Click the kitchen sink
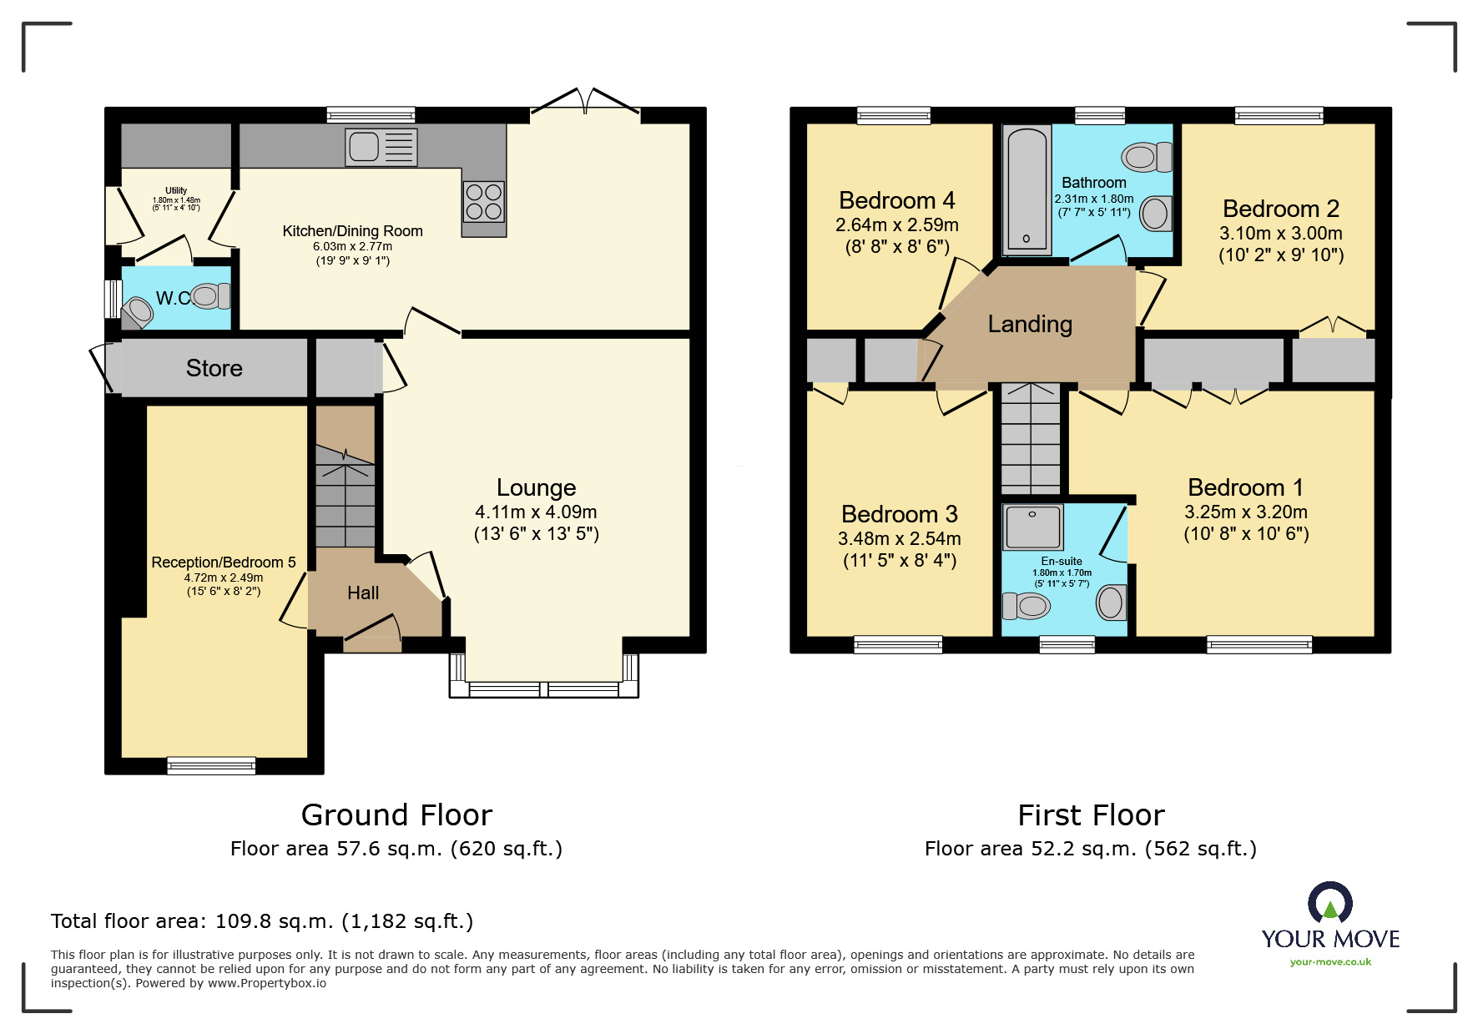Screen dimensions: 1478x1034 pyautogui.click(x=381, y=147)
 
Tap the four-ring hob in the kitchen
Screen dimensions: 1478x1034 pyautogui.click(x=484, y=201)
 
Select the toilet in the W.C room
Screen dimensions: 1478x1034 pyautogui.click(x=210, y=296)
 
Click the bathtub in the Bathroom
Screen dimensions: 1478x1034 pyautogui.click(x=1027, y=189)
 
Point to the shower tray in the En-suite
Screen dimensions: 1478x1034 pyautogui.click(x=1032, y=527)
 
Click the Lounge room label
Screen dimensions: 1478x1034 pyautogui.click(x=537, y=487)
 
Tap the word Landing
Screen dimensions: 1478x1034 pyautogui.click(x=1030, y=324)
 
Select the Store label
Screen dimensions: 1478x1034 pyautogui.click(x=214, y=368)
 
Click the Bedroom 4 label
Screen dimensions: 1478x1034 pyautogui.click(x=897, y=201)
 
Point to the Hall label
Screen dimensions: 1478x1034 pyautogui.click(x=363, y=593)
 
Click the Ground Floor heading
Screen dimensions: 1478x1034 pyautogui.click(x=396, y=815)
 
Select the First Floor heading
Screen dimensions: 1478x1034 pyautogui.click(x=1091, y=815)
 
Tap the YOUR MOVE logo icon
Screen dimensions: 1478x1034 pyautogui.click(x=1330, y=903)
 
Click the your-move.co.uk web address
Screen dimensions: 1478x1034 pyautogui.click(x=1330, y=962)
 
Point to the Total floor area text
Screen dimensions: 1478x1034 pyautogui.click(x=262, y=921)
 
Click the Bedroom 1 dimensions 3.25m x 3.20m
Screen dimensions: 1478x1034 pyautogui.click(x=1246, y=512)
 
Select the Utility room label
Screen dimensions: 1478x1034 pyautogui.click(x=176, y=190)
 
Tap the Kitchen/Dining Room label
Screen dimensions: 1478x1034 pyautogui.click(x=352, y=231)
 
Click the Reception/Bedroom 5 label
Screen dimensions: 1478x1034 pyautogui.click(x=224, y=562)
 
